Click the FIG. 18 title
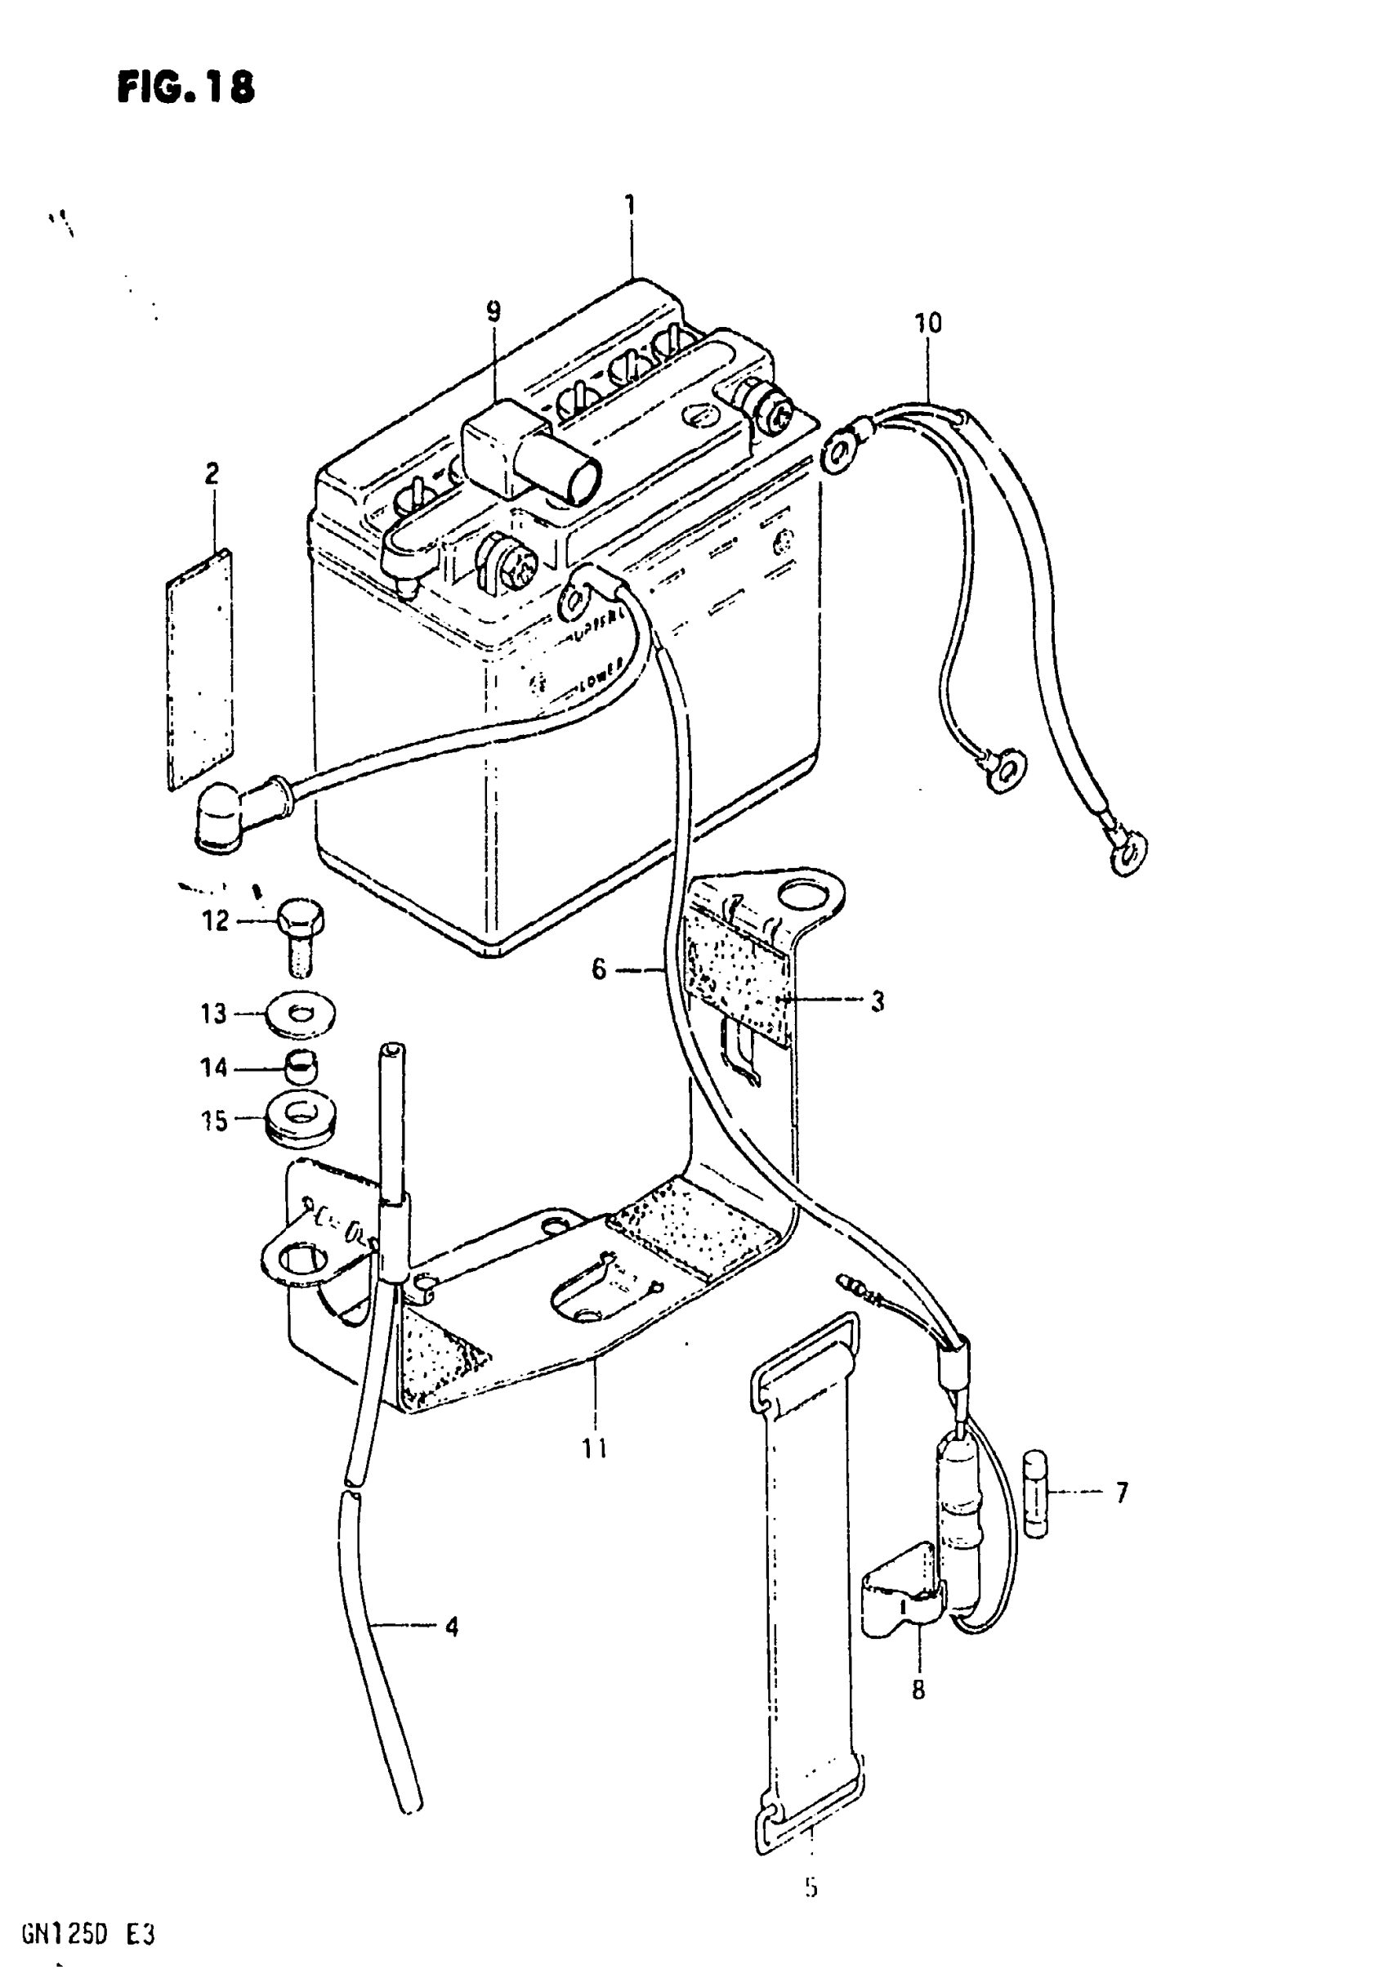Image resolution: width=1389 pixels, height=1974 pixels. pos(185,87)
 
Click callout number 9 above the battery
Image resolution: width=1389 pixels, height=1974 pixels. pos(494,311)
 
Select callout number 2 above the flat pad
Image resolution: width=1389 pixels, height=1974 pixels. pos(212,473)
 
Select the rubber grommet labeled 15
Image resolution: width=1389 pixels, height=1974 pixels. pos(300,1119)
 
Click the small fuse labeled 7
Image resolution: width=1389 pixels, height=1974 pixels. pos(1038,1493)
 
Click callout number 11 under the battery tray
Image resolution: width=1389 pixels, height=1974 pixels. pos(594,1448)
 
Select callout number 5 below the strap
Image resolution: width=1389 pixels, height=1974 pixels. pos(811,1887)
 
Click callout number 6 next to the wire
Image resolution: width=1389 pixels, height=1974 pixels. pos(599,969)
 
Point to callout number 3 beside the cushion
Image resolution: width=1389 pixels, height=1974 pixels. pos(877,1000)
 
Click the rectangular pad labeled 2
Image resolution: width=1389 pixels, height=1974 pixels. pos(200,669)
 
